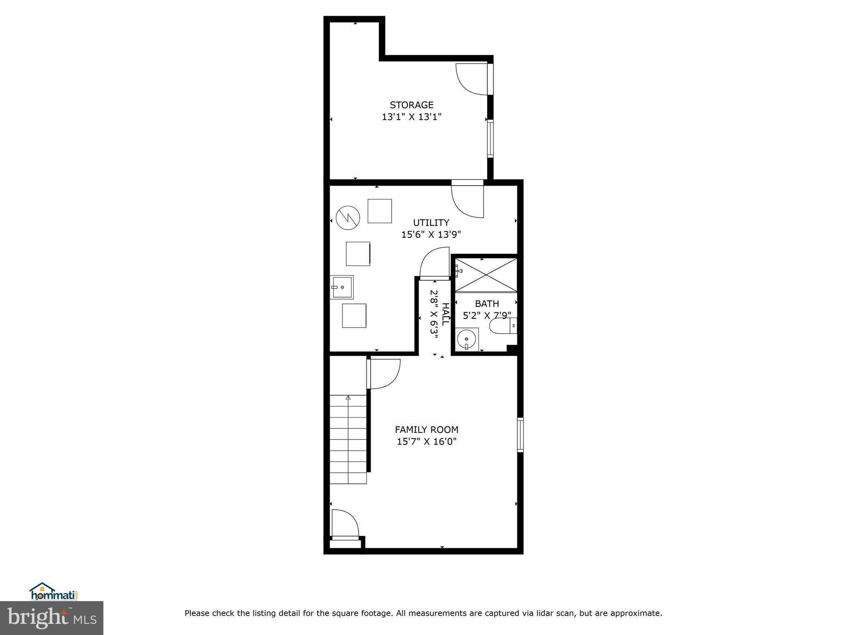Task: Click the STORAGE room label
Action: [x=412, y=105]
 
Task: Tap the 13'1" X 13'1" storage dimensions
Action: [x=412, y=117]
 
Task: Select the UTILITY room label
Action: [x=431, y=223]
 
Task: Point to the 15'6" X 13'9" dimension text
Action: [x=431, y=235]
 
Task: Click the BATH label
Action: [x=487, y=304]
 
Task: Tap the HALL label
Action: [x=445, y=314]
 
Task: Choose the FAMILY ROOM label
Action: [x=426, y=430]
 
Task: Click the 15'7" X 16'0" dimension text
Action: [x=426, y=442]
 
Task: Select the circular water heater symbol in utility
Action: [x=348, y=217]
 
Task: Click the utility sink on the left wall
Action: [x=342, y=287]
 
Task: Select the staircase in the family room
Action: [x=348, y=439]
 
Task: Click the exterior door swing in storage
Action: [x=471, y=79]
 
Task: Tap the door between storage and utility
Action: [x=467, y=201]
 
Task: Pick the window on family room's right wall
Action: [x=520, y=434]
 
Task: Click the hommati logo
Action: [x=53, y=592]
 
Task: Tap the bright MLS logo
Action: [x=51, y=618]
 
